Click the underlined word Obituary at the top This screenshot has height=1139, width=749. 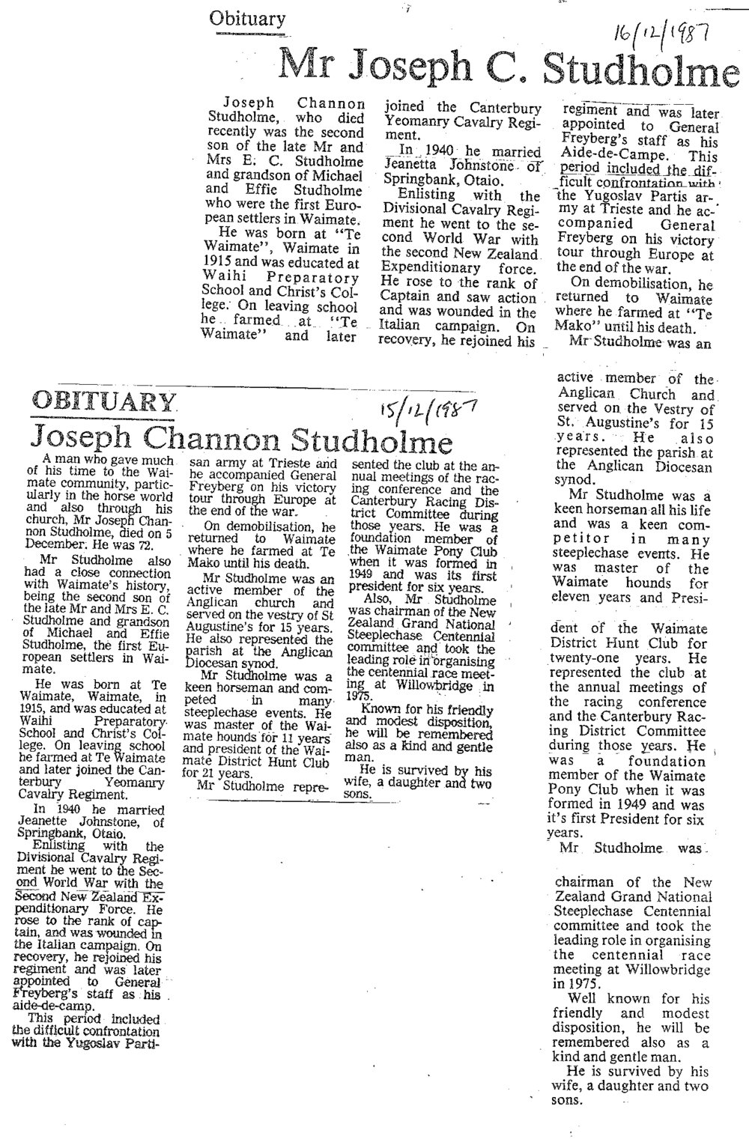tap(248, 20)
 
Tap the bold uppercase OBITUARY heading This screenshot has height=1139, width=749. tap(103, 407)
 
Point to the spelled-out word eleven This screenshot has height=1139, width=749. tap(587, 598)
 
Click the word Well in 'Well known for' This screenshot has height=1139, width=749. tap(586, 999)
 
